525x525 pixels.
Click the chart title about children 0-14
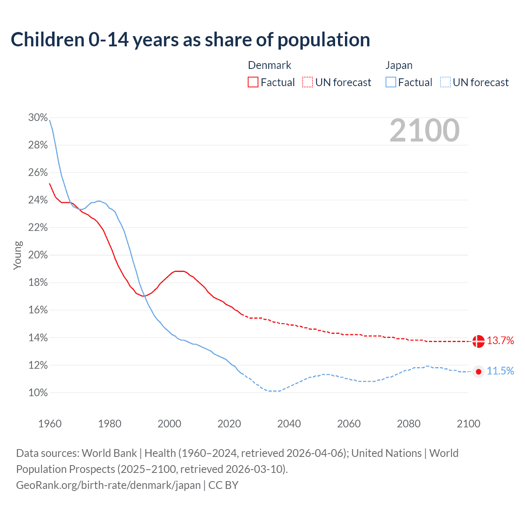point(190,40)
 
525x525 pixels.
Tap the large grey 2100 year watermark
point(424,130)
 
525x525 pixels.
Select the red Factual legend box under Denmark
point(253,82)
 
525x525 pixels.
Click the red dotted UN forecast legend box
point(308,82)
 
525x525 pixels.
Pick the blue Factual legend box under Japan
point(391,82)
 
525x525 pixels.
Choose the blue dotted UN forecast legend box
point(445,82)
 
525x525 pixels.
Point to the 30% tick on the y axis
point(38,118)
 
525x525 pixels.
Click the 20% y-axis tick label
point(38,255)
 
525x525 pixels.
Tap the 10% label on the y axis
point(38,393)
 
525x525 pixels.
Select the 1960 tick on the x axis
point(50,424)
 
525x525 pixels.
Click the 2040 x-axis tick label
point(289,424)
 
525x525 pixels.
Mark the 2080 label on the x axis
point(409,424)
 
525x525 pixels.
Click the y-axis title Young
point(17,255)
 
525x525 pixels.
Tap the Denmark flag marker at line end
point(478,341)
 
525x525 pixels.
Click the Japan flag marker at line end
point(478,372)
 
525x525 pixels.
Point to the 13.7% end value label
point(500,341)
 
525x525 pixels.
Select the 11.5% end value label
point(500,371)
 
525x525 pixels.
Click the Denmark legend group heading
point(269,65)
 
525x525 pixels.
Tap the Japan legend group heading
point(399,65)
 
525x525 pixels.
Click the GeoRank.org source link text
point(108,485)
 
